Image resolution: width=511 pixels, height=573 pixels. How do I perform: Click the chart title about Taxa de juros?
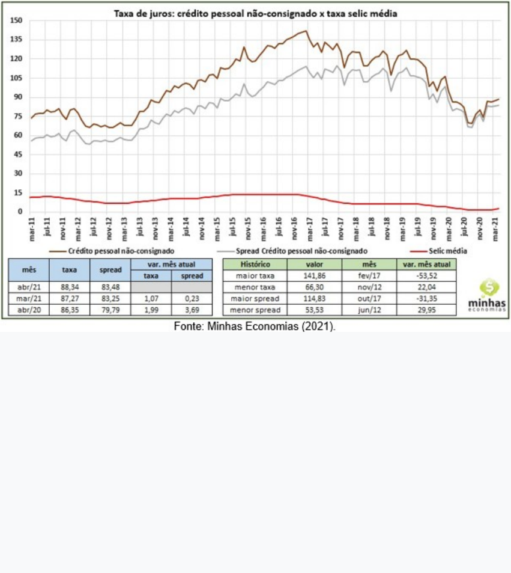click(255, 13)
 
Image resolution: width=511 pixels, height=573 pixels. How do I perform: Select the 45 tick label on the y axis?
click(18, 155)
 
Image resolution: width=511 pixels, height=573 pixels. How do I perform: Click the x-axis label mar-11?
click(31, 229)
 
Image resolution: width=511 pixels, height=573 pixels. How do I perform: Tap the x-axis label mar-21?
click(496, 229)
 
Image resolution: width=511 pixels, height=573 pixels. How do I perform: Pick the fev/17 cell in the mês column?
click(369, 276)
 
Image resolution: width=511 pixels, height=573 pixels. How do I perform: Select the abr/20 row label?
click(29, 310)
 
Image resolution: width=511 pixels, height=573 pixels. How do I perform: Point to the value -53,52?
click(426, 276)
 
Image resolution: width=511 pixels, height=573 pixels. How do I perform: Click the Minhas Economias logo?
click(487, 295)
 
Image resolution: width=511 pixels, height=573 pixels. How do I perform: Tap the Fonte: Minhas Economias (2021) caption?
click(255, 326)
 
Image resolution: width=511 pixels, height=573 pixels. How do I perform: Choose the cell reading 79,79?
click(110, 310)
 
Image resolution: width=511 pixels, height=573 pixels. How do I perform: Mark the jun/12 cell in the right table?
click(369, 310)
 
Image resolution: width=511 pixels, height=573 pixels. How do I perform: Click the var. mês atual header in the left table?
click(172, 264)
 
